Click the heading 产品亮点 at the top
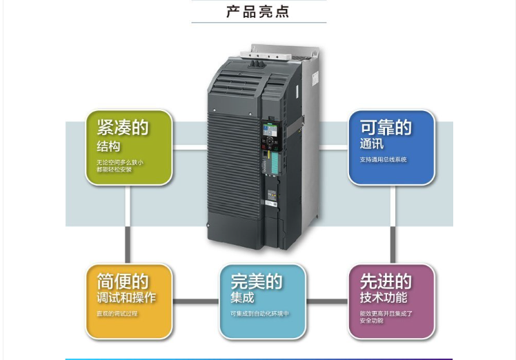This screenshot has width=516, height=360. pyautogui.click(x=258, y=12)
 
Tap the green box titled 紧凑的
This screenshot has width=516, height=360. pyautogui.click(x=128, y=148)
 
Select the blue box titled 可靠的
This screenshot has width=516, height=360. pyautogui.click(x=391, y=148)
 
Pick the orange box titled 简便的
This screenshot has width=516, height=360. pyautogui.click(x=128, y=301)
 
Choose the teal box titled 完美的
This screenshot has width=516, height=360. pyautogui.click(x=262, y=301)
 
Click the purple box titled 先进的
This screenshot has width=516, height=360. pyautogui.click(x=391, y=301)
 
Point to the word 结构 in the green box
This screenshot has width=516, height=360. pyautogui.click(x=108, y=147)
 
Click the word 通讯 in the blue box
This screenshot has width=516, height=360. pyautogui.click(x=371, y=145)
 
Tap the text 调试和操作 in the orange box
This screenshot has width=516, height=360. pyautogui.click(x=126, y=298)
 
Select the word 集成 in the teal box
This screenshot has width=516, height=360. pyautogui.click(x=242, y=298)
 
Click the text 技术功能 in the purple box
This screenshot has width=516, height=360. pyautogui.click(x=383, y=298)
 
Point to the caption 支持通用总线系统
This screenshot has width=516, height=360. pyautogui.click(x=383, y=160)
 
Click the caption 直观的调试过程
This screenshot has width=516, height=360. pyautogui.click(x=117, y=314)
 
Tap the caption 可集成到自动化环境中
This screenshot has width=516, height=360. pyautogui.click(x=259, y=314)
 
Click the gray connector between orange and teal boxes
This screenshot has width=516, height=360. pyautogui.click(x=196, y=301)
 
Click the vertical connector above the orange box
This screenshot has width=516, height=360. pyautogui.click(x=128, y=224)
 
